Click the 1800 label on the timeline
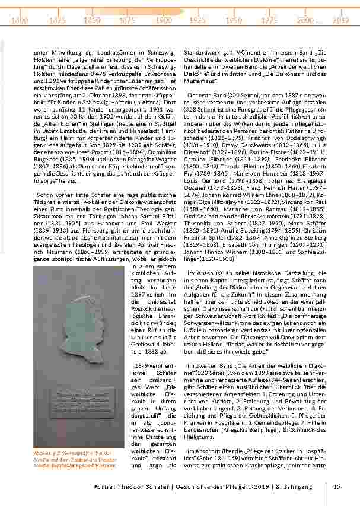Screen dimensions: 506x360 [x=20, y=20]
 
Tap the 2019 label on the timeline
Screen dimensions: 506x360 [x=340, y=20]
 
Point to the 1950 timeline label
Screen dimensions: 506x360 [x=233, y=20]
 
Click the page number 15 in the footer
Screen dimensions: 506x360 [x=337, y=487]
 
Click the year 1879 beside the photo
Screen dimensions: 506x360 [x=146, y=364]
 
